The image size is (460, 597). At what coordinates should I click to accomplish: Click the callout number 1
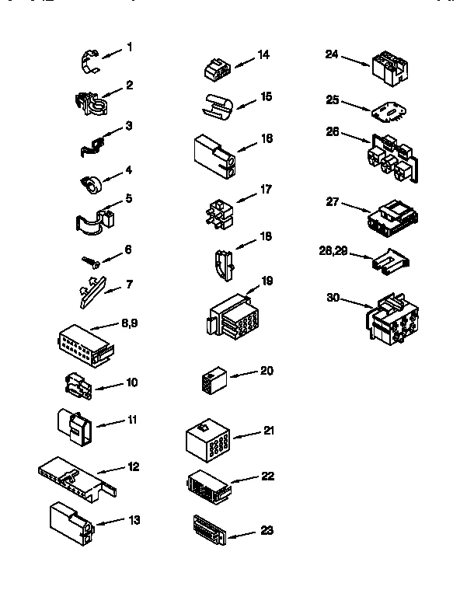coord(130,47)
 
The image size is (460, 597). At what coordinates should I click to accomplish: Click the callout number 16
coord(267,138)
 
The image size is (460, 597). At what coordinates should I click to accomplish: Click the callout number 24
coord(332,54)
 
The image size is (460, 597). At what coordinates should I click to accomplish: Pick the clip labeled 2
coord(92,103)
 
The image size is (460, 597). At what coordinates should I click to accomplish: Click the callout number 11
coord(132,420)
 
